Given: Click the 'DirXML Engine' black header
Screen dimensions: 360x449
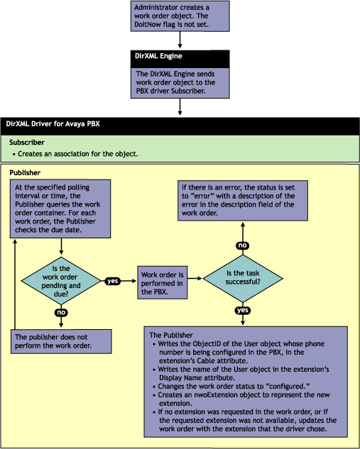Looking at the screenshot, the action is tap(180, 59).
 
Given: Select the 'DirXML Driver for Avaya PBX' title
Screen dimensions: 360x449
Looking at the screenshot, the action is tap(53, 124).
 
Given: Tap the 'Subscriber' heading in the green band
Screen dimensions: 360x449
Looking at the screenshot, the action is tap(27, 143).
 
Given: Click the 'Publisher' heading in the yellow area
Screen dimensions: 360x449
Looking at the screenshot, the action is tap(25, 172).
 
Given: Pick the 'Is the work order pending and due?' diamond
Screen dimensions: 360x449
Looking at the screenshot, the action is tap(61, 281).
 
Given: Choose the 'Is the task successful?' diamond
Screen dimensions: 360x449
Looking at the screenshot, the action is tap(243, 278).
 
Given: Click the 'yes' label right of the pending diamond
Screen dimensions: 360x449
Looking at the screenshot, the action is tap(113, 281).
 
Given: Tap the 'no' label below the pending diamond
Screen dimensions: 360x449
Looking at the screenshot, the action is tap(61, 312).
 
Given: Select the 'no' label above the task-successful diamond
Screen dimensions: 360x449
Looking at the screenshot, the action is tap(242, 245).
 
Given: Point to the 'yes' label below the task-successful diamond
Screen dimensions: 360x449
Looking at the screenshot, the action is tap(243, 310).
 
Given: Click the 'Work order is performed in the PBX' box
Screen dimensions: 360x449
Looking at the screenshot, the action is tap(163, 282).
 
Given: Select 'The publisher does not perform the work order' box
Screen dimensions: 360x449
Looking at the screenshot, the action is tap(61, 341).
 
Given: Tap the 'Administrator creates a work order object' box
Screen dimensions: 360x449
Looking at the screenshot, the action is tap(180, 16).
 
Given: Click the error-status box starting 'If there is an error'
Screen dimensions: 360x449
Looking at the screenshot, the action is tap(243, 201).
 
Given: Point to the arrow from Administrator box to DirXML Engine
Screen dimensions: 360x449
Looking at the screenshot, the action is tap(180, 40).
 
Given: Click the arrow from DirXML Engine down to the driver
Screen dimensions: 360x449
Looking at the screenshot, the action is tap(180, 107).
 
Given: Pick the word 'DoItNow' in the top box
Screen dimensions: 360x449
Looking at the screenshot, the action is tap(148, 24).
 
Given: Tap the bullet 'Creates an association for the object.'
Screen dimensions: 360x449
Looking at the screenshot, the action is tap(75, 154).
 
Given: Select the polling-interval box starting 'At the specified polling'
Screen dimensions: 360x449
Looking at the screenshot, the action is tap(60, 209).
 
